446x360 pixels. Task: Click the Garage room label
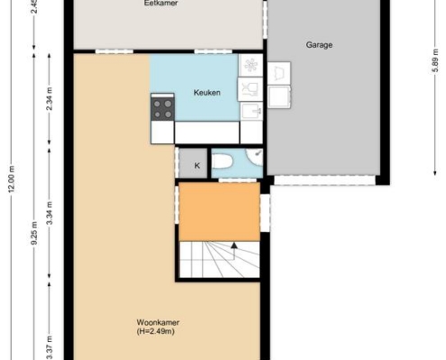[x=319, y=45]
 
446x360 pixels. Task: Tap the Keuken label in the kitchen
[x=207, y=93]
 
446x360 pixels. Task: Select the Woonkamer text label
[x=158, y=322]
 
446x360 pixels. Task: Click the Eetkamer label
[x=161, y=4]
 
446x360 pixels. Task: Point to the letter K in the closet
[x=197, y=166]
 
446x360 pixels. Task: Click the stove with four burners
[x=162, y=109]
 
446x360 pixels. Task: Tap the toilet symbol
[x=223, y=161]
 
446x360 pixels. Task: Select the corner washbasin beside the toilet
[x=255, y=157]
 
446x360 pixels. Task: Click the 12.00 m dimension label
[x=12, y=179]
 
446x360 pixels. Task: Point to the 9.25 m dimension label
[x=34, y=233]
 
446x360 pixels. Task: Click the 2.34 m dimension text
[x=50, y=99]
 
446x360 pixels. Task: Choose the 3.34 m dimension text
[x=50, y=213]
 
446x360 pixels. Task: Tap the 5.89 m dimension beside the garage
[x=435, y=60]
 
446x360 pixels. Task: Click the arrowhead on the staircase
[x=234, y=246]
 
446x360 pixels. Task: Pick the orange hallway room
[x=220, y=211]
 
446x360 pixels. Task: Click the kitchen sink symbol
[x=251, y=111]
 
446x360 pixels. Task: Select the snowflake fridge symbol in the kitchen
[x=250, y=65]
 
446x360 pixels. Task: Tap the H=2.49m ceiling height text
[x=156, y=331]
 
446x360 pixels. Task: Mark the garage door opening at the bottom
[x=324, y=180]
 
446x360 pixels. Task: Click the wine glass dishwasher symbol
[x=250, y=89]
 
